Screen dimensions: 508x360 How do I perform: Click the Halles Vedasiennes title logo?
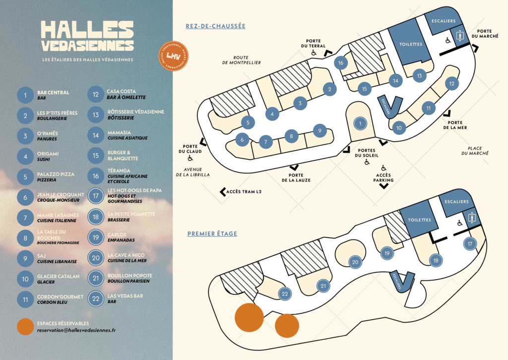point(87,36)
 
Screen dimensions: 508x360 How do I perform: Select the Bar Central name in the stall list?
point(53,92)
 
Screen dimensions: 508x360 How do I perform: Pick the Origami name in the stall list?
point(48,154)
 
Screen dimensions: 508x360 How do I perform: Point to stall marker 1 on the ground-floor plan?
point(361,122)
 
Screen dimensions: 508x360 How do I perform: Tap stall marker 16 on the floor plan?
point(340,63)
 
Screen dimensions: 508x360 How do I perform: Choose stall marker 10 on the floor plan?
point(399,127)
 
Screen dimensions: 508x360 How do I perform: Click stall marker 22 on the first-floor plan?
point(284,294)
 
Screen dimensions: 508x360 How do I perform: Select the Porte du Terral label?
point(314,44)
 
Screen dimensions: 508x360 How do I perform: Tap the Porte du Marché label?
point(481,34)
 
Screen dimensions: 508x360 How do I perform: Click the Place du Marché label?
point(478,151)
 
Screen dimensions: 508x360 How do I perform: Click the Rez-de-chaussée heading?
point(215,26)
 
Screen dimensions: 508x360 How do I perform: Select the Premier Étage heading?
point(212,234)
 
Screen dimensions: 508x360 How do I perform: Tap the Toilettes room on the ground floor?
point(410,44)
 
